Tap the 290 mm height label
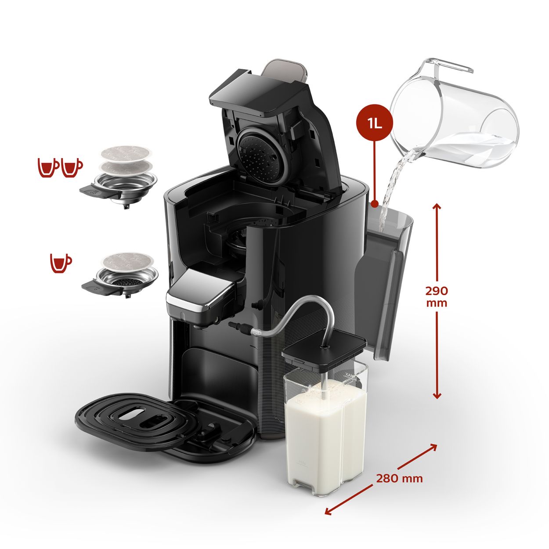click(x=437, y=296)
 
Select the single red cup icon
click(x=61, y=263)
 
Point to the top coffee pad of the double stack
click(x=126, y=154)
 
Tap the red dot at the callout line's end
click(x=375, y=204)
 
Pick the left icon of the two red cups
click(x=48, y=168)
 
